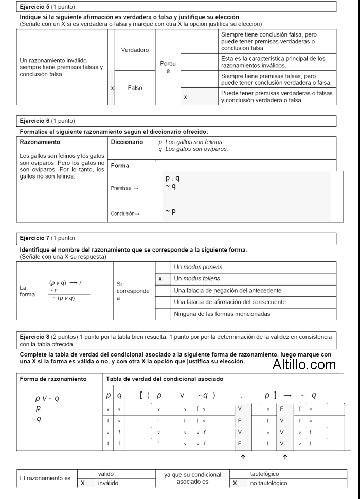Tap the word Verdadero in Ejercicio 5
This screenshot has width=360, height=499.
click(135, 50)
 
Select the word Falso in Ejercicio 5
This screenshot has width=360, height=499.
click(135, 87)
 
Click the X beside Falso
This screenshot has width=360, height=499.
click(112, 88)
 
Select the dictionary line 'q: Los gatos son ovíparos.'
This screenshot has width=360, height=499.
click(193, 149)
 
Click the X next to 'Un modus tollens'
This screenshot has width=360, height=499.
click(160, 278)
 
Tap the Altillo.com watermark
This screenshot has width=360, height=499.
click(304, 365)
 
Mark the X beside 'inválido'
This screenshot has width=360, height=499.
click(82, 484)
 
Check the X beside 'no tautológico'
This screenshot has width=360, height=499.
click(235, 484)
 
